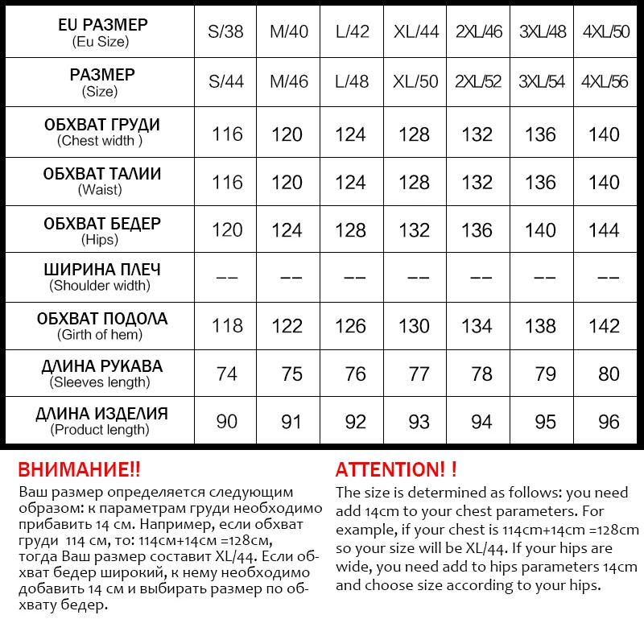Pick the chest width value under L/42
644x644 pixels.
pos(350,134)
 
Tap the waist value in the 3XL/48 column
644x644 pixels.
pos(540,182)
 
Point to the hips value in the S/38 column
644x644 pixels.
pos(227,230)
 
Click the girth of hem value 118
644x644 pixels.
pos(227,326)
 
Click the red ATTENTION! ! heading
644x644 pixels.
pos(396,470)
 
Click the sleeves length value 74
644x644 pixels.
pos(227,374)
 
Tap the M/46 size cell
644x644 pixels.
pos(288,82)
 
